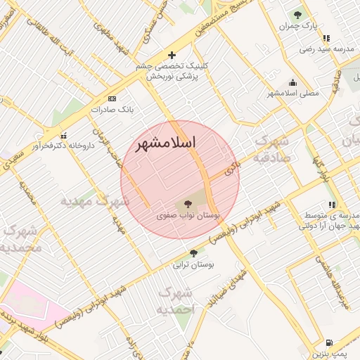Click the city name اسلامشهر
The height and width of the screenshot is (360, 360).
(x=165, y=143)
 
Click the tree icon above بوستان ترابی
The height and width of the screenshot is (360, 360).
(x=193, y=253)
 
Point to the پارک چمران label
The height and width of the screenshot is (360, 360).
(x=295, y=26)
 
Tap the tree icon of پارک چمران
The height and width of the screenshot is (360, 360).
(x=297, y=13)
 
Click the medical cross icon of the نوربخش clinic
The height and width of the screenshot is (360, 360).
(x=171, y=55)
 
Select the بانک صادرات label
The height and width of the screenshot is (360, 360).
(x=112, y=110)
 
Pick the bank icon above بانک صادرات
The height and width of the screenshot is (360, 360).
(x=112, y=98)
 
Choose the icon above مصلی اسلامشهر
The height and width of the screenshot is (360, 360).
(x=292, y=82)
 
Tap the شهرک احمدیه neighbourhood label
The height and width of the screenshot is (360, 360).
(x=175, y=300)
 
